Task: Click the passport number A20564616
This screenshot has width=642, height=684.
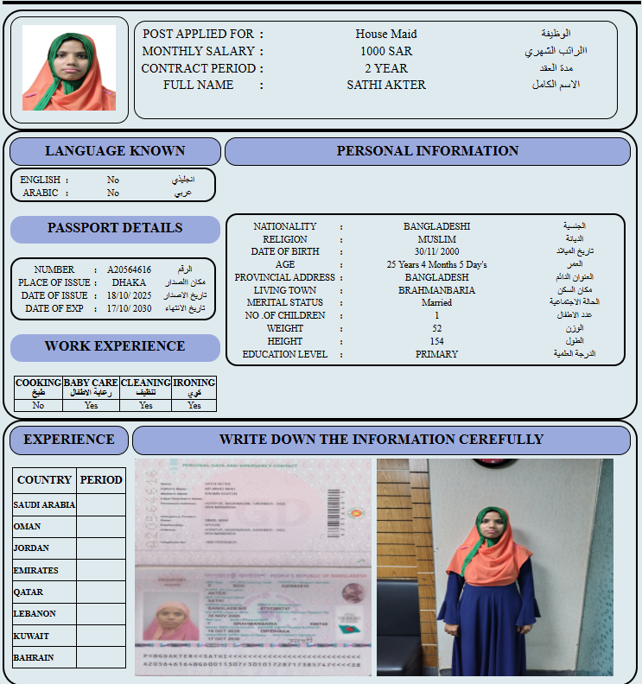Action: [129, 269]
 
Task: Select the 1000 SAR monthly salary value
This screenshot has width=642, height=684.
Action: [386, 51]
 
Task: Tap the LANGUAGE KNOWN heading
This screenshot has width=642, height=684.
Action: [114, 151]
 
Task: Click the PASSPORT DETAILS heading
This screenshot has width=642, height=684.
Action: [114, 228]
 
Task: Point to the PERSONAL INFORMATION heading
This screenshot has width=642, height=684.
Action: [427, 151]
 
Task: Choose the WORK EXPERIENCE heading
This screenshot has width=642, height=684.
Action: [114, 346]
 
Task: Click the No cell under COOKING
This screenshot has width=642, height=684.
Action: [38, 405]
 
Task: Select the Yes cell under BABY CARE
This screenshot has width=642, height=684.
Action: [91, 405]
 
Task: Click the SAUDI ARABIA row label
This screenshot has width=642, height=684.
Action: [44, 504]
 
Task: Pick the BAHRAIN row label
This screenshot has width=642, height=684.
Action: [33, 657]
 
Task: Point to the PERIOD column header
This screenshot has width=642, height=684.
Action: [101, 480]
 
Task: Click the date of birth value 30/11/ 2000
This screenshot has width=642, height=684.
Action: [436, 251]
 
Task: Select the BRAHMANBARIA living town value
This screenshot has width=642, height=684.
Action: [436, 290]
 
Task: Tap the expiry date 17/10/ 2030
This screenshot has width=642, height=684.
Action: [129, 308]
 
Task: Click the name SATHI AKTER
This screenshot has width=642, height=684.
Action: [386, 85]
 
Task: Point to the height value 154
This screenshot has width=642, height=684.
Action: [436, 341]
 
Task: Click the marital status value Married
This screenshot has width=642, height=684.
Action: [436, 303]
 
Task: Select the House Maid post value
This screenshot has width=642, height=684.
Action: [386, 34]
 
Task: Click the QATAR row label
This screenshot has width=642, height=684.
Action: [28, 592]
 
